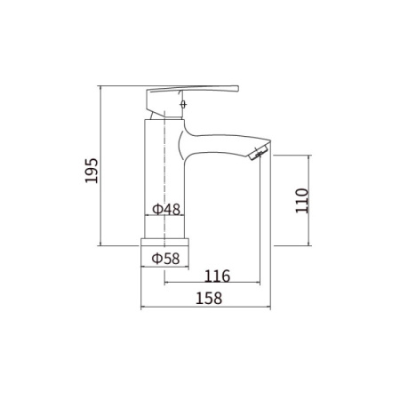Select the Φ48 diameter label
point(166,210)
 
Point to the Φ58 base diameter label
point(166,258)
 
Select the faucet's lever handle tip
point(238,87)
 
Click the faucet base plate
point(166,243)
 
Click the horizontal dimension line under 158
point(206,307)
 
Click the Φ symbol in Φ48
point(156,210)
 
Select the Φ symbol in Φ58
point(156,258)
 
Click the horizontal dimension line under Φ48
point(166,218)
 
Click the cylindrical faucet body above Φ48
point(166,160)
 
